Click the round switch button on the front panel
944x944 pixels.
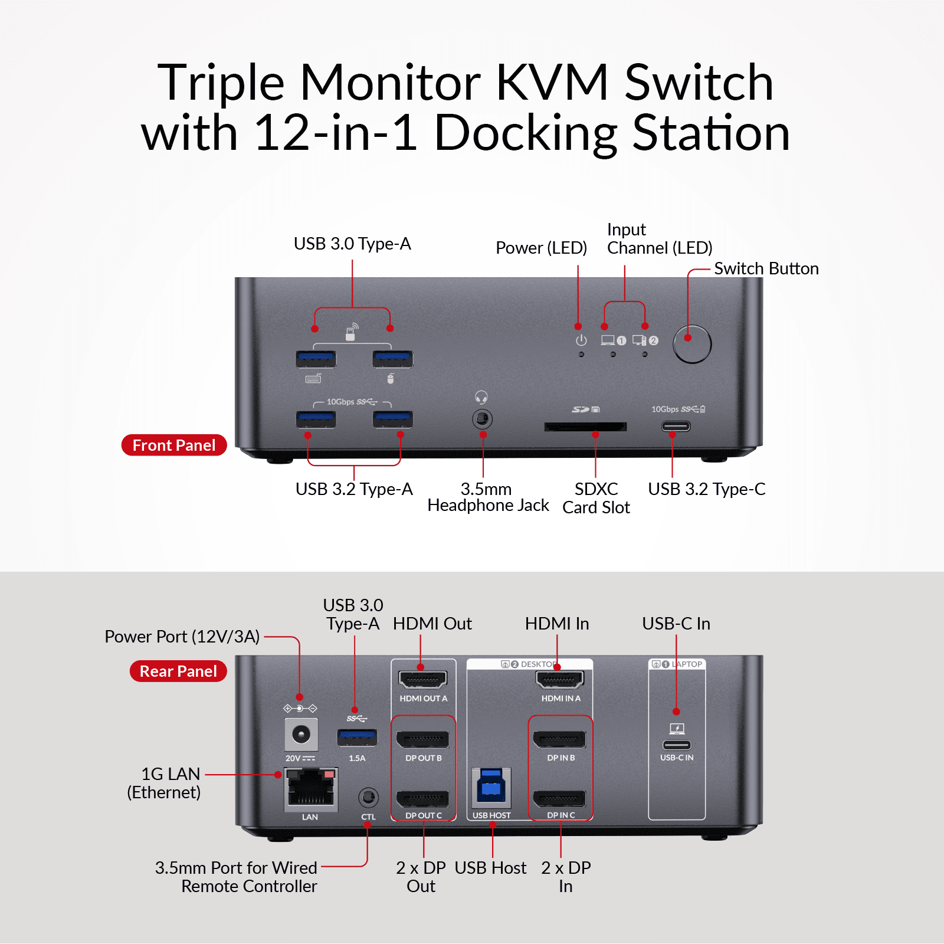tap(692, 344)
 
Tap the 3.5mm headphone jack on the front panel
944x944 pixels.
tap(483, 419)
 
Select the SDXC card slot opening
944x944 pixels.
tap(585, 427)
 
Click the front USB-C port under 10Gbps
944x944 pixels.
tap(676, 426)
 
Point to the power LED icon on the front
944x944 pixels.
tap(581, 340)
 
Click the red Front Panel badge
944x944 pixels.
tap(174, 445)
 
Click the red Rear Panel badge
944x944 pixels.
tap(178, 671)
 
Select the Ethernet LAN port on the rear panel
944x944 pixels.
tap(310, 788)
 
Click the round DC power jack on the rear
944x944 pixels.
tap(301, 735)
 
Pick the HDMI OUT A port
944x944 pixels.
tap(423, 680)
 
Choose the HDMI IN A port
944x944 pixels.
tap(560, 680)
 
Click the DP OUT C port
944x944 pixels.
tap(422, 799)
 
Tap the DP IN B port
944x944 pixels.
tap(559, 739)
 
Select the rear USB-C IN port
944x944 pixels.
tap(677, 745)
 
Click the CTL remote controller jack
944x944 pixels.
tap(368, 798)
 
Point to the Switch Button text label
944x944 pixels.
tap(766, 269)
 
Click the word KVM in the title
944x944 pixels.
tap(552, 83)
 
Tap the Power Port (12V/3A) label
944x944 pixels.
tap(182, 637)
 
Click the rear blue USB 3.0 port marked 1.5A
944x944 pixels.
tap(357, 737)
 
